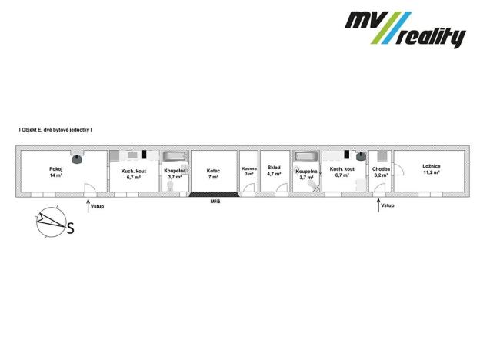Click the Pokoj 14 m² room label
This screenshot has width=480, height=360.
coord(55,172)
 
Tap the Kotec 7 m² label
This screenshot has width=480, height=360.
coord(213,172)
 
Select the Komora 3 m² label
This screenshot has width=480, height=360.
coord(248,172)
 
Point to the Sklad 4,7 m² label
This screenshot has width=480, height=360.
coord(274,172)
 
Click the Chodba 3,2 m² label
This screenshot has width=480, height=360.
coord(381,172)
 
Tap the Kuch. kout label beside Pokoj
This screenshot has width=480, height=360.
coord(134,172)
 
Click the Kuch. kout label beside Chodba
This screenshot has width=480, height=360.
coord(342,172)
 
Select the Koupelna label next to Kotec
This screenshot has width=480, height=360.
coord(175,173)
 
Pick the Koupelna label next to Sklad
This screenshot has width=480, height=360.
coord(306,174)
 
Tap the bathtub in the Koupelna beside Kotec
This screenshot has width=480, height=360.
coord(175,157)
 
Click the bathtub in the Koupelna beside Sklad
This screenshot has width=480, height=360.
coord(306,157)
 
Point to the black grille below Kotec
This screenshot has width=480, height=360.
coord(213,194)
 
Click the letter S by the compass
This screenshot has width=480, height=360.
coord(71,228)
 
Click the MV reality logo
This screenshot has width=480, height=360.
coord(405,28)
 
